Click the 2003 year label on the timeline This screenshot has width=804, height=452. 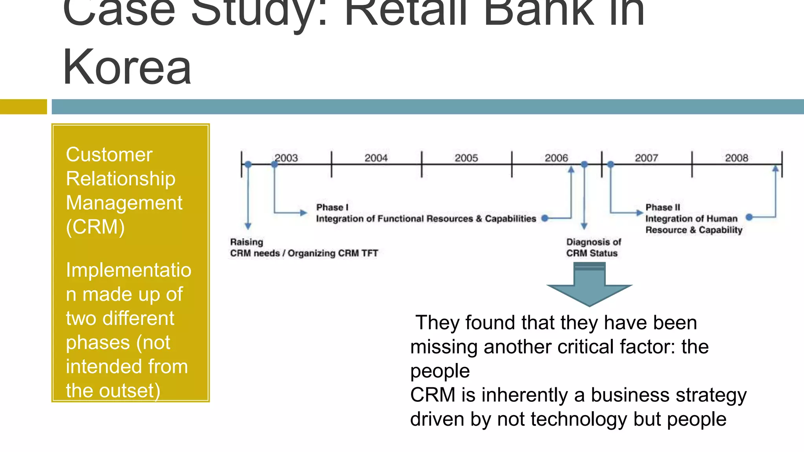286,158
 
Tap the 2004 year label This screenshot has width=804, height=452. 376,158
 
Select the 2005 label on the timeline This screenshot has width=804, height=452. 466,158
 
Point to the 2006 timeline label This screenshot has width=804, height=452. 556,158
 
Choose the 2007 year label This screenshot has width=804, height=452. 647,158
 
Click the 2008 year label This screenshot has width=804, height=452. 736,158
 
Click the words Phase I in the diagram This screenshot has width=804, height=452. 332,207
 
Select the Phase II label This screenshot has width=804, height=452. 663,207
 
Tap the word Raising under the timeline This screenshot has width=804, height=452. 247,242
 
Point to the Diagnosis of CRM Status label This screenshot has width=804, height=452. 593,248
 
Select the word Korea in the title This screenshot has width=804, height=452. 127,67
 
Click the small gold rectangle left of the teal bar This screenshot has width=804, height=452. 23,107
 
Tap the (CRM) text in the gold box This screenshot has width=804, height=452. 95,227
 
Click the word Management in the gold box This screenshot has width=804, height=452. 124,203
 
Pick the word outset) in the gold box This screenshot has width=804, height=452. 130,391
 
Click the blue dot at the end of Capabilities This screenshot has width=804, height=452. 545,218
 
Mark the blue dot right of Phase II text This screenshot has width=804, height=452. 749,217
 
